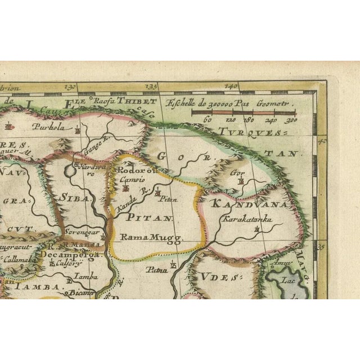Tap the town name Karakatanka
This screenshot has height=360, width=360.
[246, 220]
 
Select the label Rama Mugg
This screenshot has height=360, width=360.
[144, 238]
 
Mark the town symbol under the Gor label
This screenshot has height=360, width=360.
[240, 182]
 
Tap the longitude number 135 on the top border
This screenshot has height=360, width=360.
[151, 87]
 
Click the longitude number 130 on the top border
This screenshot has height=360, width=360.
[70, 87]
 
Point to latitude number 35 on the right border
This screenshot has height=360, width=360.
[321, 246]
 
